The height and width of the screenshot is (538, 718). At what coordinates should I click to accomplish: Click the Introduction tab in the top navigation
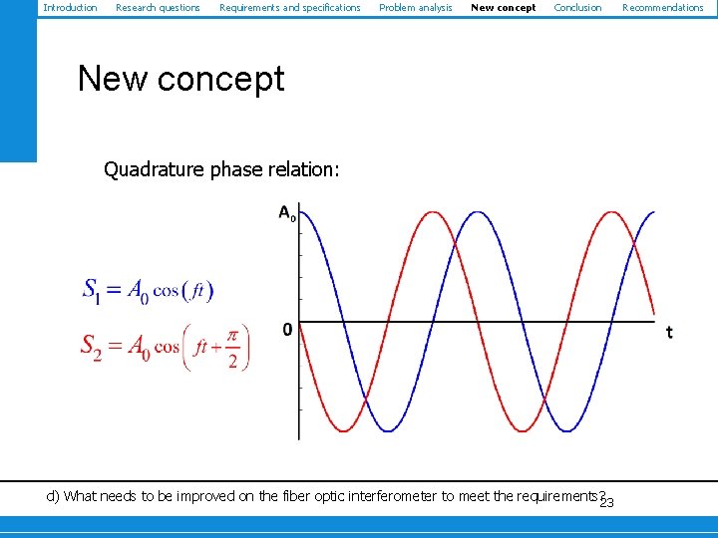[70, 8]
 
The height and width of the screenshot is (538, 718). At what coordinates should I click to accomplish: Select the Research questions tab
[158, 8]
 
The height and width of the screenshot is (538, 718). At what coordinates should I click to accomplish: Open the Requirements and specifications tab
[289, 8]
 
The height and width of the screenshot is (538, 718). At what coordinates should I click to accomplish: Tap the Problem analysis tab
[415, 8]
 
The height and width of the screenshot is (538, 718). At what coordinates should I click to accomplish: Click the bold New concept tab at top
[503, 8]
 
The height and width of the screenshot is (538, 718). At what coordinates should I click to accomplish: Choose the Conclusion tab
[577, 8]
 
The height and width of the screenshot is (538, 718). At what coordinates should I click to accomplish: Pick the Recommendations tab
[662, 8]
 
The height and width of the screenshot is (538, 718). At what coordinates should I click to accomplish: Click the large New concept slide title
[181, 79]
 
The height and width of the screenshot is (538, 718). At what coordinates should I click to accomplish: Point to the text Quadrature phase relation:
[221, 169]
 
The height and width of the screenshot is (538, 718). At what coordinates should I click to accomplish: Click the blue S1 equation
[148, 290]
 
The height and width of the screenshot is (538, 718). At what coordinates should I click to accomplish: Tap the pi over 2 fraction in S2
[232, 348]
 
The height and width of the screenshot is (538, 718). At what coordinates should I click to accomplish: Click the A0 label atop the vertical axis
[286, 212]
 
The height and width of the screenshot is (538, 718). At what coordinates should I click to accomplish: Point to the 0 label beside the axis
[287, 330]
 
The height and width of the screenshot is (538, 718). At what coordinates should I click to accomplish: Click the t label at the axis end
[669, 332]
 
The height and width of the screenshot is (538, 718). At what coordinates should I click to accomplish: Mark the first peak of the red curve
[432, 212]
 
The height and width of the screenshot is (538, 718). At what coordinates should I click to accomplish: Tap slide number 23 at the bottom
[606, 501]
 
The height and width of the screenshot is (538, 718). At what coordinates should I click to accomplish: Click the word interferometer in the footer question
[390, 496]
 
